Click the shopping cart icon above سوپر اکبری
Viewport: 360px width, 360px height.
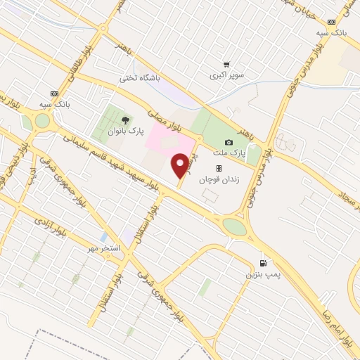click(x=226, y=64)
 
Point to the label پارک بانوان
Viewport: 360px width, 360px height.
click(x=126, y=131)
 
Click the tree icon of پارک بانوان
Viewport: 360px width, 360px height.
click(x=126, y=120)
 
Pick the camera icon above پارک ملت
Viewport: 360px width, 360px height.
click(x=228, y=143)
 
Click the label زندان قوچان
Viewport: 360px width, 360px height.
click(x=219, y=179)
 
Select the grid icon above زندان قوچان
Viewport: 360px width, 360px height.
click(x=219, y=169)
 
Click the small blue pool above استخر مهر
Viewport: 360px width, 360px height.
click(x=104, y=237)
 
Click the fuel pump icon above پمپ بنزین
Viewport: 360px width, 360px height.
click(x=263, y=263)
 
